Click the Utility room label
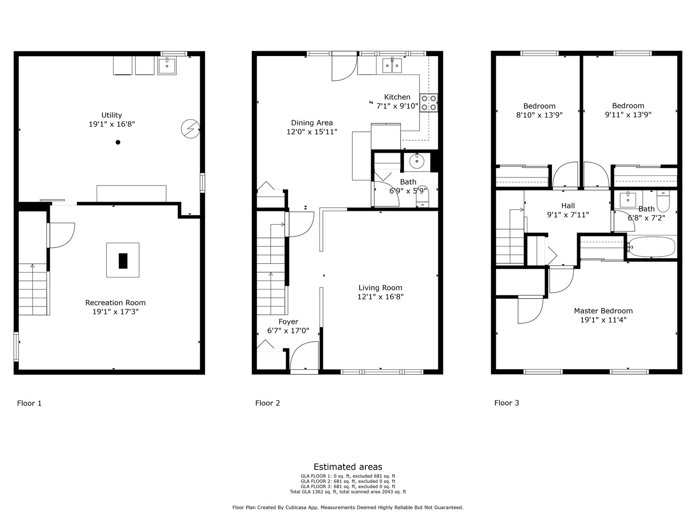pos(112,115)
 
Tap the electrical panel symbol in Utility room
pos(190,129)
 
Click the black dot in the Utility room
pos(118,142)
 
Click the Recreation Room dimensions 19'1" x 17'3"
pos(116,312)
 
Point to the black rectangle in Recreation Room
pos(123,261)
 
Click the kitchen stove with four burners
pos(429,102)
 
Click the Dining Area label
pos(312,123)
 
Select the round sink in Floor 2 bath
pos(416,161)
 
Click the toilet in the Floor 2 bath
pos(422,196)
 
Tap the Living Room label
pos(380,288)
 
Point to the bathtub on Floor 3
pos(652,247)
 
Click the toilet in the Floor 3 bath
pos(663,202)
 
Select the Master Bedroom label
pos(603,311)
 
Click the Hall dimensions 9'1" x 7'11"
pos(568,215)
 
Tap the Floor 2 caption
pos(268,403)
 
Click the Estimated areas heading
pos(348,467)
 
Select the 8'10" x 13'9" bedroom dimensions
pos(539,115)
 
